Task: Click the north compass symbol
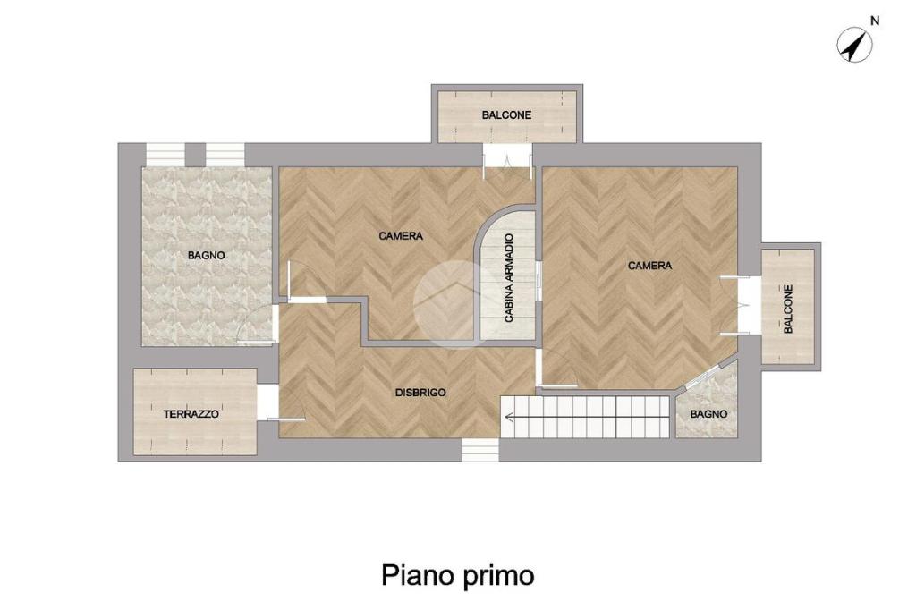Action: point(854,45)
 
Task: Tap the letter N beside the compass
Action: point(875,21)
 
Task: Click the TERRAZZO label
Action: point(191,414)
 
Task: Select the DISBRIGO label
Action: point(420,393)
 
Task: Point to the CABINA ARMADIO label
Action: point(509,278)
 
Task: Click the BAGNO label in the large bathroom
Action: point(207,255)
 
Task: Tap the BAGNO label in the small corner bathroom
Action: point(708,414)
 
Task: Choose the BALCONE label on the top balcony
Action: point(506,115)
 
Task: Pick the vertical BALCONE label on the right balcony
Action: point(788,309)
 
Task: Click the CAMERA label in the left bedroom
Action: point(401,236)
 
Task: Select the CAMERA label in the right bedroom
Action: point(649,266)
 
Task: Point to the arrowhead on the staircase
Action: point(508,417)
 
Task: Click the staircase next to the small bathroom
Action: point(585,417)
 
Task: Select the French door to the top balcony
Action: point(507,157)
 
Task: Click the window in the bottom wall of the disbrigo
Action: point(480,449)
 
